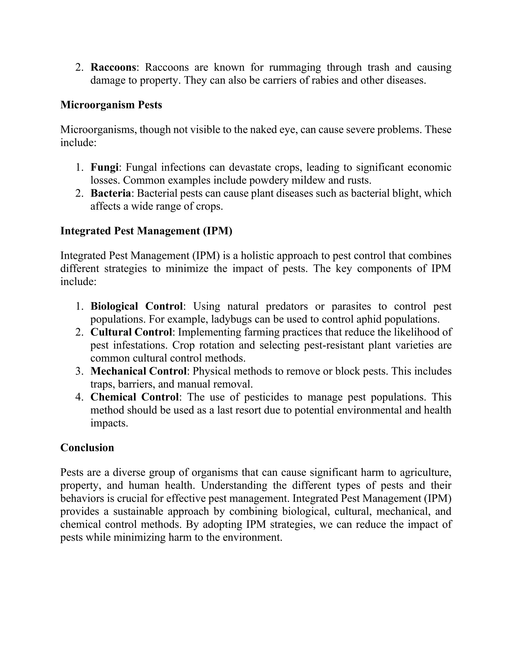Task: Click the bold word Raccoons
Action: tap(113, 67)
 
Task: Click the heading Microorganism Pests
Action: tap(111, 105)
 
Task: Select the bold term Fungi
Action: tap(104, 167)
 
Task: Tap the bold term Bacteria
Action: tap(111, 193)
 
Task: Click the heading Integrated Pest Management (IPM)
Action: tap(146, 231)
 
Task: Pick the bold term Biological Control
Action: tap(136, 306)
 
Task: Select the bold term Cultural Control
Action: tap(131, 332)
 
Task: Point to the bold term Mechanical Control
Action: tap(138, 371)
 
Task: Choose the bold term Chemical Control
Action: tap(134, 397)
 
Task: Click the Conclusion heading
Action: tap(87, 448)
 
